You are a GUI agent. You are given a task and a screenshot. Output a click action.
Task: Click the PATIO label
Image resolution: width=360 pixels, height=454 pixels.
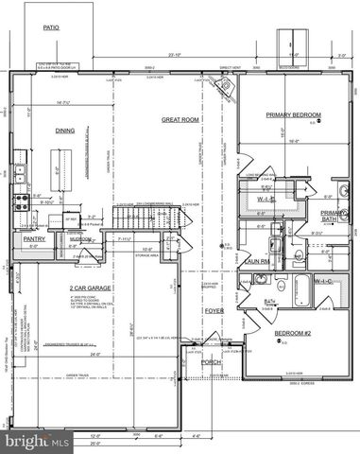(51, 28)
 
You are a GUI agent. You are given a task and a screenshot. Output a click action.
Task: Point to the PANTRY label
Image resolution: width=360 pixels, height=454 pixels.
(35, 239)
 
